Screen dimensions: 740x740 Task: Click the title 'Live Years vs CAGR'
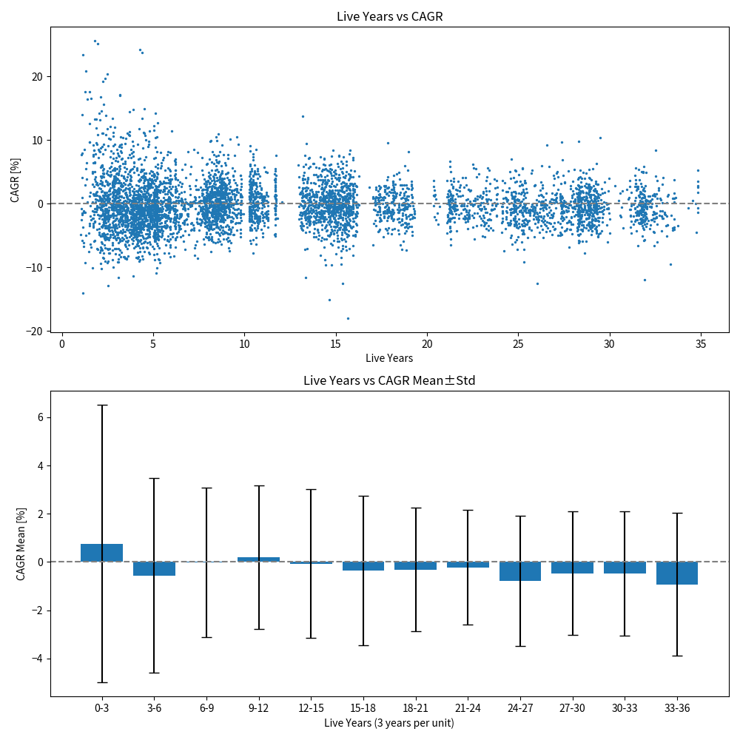coord(389,16)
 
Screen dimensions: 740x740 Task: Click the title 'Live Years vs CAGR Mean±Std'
coord(389,381)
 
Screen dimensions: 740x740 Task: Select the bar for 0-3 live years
coord(102,553)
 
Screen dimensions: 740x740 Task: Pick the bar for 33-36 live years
coord(677,573)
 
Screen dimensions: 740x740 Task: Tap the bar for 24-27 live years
coord(520,571)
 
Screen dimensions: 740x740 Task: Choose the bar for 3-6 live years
coord(154,568)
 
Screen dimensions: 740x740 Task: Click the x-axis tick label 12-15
coord(311,708)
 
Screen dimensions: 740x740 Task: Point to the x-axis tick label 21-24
coord(468,708)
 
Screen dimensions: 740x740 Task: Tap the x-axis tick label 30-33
coord(625,708)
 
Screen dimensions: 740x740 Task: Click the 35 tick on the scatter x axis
coord(701,344)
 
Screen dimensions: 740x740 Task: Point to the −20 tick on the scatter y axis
coord(35,332)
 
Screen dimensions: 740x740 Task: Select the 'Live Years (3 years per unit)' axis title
coord(389,723)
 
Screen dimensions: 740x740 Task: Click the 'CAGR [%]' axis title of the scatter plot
coord(15,179)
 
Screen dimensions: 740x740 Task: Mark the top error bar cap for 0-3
coord(102,405)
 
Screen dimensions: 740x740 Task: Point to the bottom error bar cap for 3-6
coord(154,673)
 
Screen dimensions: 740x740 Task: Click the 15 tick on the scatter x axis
coord(335,344)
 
